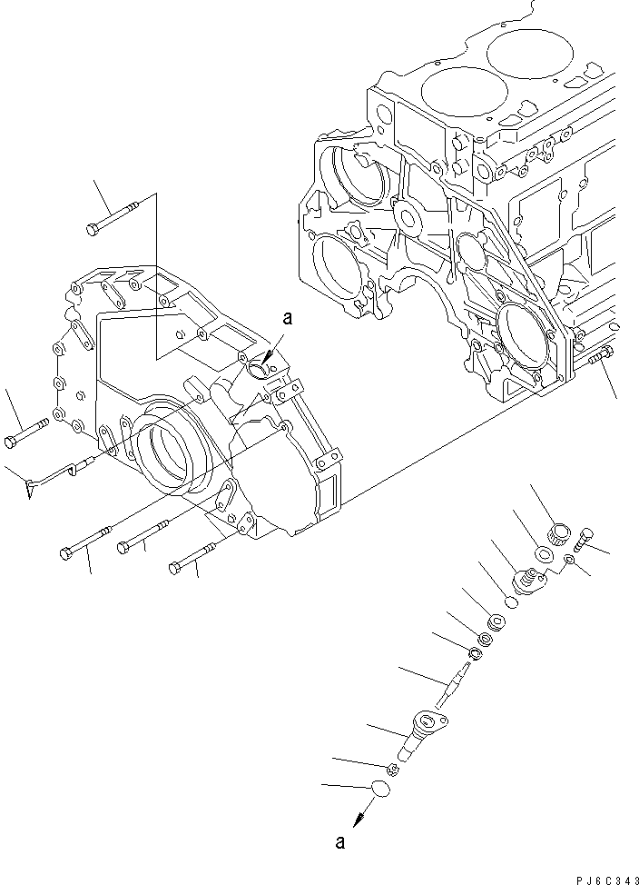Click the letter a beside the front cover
(289, 318)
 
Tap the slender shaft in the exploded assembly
(454, 681)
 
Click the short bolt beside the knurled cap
(582, 539)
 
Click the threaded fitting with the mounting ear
(528, 579)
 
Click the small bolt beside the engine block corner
(598, 358)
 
